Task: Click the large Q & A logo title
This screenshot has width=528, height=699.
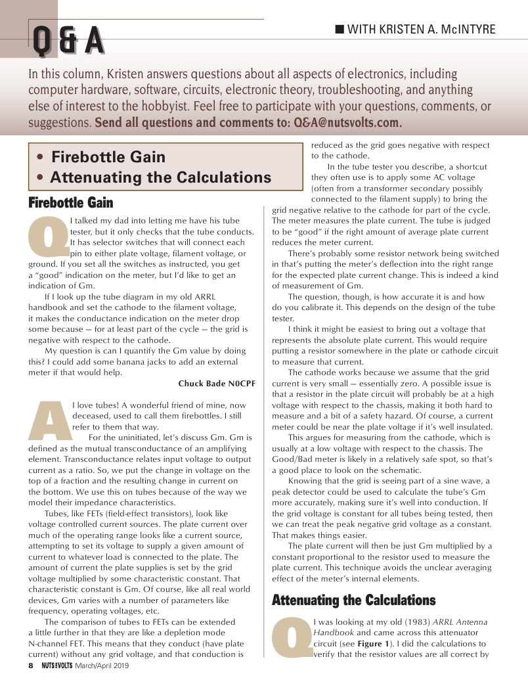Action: tap(68, 41)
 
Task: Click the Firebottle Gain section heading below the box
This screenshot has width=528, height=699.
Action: tap(72, 202)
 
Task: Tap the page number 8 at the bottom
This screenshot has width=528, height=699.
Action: tap(30, 665)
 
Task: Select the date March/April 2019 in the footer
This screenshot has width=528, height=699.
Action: tap(102, 665)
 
